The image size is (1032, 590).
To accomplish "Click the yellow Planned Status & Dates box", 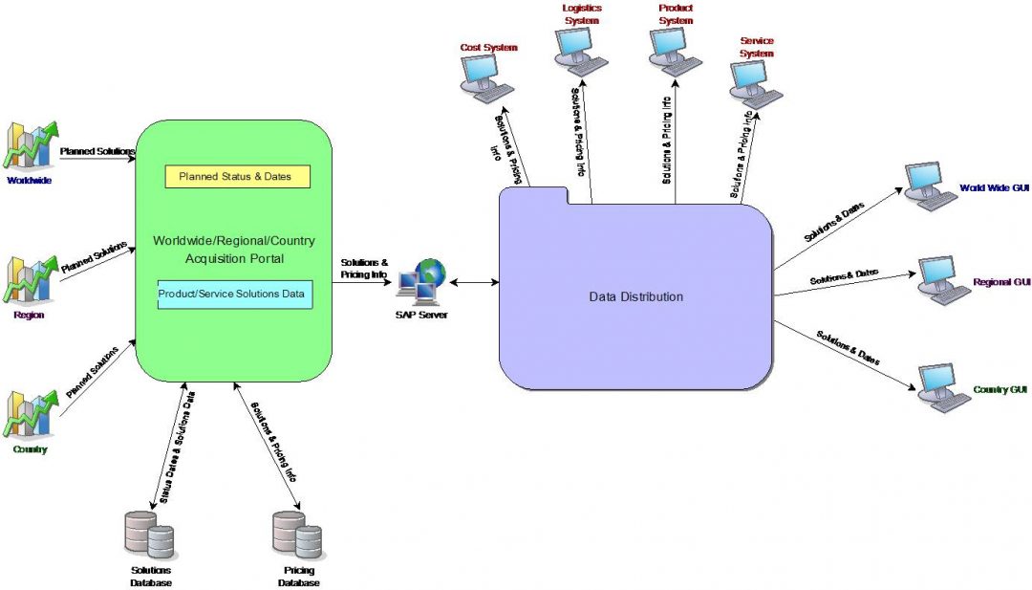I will pyautogui.click(x=237, y=177).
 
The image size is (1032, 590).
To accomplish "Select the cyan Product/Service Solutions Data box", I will pyautogui.click(x=235, y=295).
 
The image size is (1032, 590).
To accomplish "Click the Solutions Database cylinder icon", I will pyautogui.click(x=150, y=535).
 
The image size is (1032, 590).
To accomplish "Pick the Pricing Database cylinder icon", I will pyautogui.click(x=297, y=535).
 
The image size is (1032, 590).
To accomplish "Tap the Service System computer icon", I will pyautogui.click(x=756, y=85).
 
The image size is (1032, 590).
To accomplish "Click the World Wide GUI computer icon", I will pyautogui.click(x=929, y=186).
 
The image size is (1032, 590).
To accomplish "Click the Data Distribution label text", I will pyautogui.click(x=635, y=296).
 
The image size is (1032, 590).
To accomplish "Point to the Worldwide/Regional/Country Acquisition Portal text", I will pyautogui.click(x=234, y=249).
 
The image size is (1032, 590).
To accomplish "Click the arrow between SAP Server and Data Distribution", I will pyautogui.click(x=474, y=282).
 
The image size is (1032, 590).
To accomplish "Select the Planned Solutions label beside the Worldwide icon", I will pyautogui.click(x=97, y=151).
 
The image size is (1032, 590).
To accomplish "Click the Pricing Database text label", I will pyautogui.click(x=298, y=577).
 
